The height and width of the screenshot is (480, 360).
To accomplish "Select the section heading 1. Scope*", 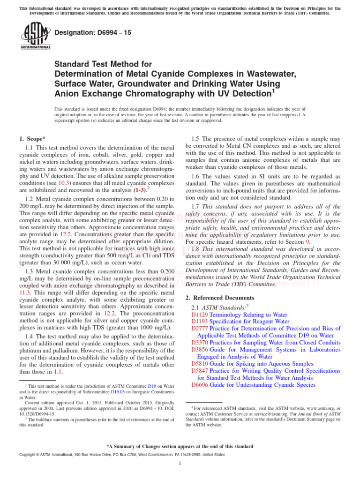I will pos(32,139).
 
